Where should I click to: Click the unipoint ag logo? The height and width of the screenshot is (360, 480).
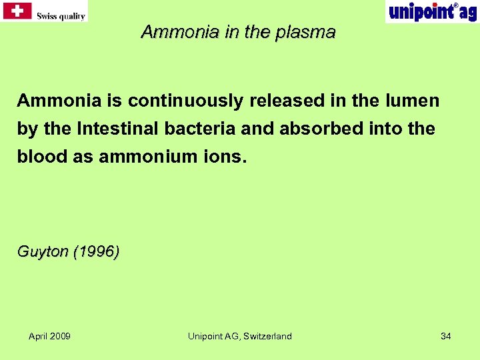pos(432,11)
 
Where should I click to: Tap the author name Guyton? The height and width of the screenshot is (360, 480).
pos(43,252)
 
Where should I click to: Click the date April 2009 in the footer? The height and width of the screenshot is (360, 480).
pos(49,336)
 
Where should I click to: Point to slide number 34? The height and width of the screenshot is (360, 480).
pos(446,336)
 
